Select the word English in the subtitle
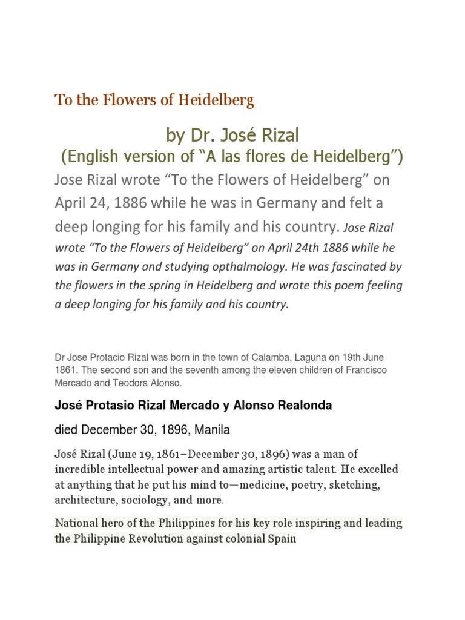tap(99, 157)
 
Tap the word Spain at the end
tap(281, 538)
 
